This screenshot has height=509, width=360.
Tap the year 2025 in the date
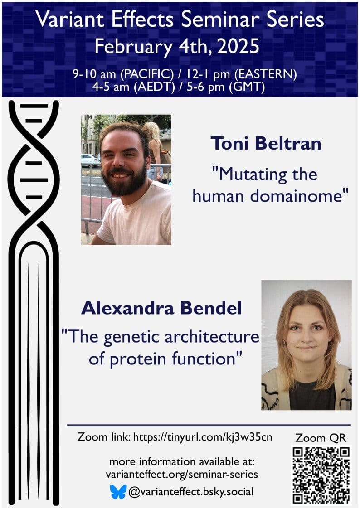[238, 46]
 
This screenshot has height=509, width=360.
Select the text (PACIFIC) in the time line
[147, 74]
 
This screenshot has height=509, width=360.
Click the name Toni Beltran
[266, 144]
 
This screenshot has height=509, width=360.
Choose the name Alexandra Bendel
[162, 308]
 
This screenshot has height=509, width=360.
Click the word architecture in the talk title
[212, 337]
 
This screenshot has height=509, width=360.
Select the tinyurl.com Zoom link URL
[203, 437]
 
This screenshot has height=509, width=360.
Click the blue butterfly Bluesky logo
[118, 492]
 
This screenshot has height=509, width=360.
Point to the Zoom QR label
[321, 438]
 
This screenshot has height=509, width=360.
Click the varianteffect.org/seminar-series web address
[182, 474]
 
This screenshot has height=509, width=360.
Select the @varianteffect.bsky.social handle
[191, 491]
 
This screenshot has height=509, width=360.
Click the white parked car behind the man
[90, 160]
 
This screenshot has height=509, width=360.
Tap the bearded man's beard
[125, 181]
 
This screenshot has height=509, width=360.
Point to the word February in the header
[133, 47]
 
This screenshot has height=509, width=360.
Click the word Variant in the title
[70, 19]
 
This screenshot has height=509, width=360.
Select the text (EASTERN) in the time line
[268, 74]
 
